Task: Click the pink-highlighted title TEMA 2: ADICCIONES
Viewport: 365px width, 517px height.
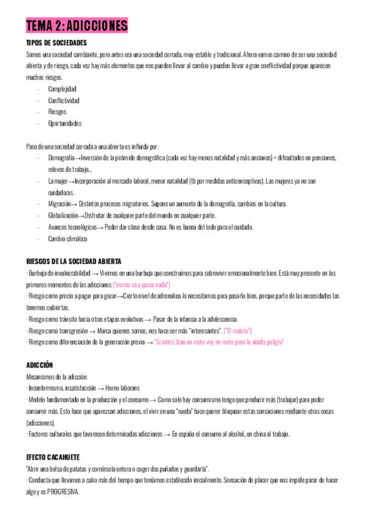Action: click(77, 26)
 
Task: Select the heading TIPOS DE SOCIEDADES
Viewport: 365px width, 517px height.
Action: click(57, 43)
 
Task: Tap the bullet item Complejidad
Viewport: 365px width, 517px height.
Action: click(62, 89)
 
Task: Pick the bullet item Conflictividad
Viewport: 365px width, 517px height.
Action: click(64, 100)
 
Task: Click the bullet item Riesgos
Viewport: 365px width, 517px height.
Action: click(57, 112)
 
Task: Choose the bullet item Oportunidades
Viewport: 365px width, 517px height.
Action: click(64, 123)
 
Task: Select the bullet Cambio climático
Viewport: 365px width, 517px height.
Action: click(68, 238)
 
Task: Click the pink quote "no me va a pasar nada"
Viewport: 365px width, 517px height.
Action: click(141, 285)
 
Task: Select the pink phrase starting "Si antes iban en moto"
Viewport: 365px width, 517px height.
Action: click(220, 342)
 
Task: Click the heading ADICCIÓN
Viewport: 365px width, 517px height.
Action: click(40, 365)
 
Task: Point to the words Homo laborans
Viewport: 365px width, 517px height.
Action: click(122, 388)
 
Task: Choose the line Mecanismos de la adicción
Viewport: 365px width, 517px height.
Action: click(57, 377)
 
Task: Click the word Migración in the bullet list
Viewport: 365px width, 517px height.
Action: click(59, 204)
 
